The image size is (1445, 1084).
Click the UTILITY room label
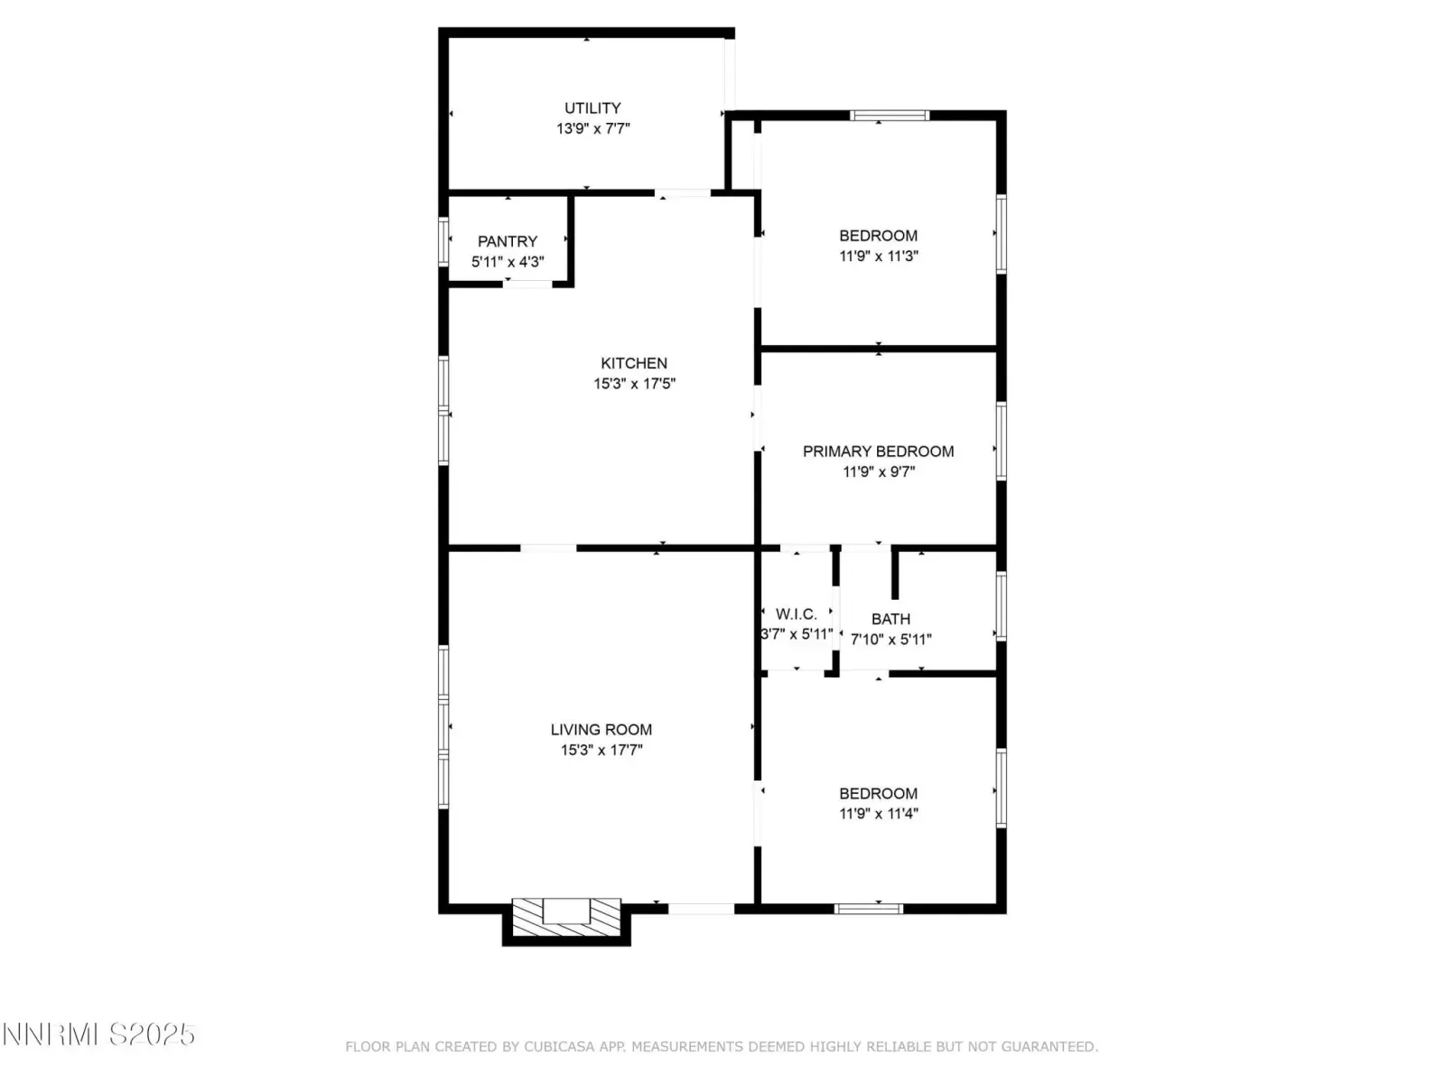pos(592,107)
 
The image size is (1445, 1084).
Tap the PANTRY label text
pos(508,241)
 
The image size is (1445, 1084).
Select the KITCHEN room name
pos(633,363)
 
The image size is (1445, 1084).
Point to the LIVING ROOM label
pos(601,729)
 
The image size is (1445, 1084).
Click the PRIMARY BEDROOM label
pos(878,452)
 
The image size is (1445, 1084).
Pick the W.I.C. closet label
pos(796,614)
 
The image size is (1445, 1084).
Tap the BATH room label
pos(890,619)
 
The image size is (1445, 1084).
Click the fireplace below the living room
pos(566,920)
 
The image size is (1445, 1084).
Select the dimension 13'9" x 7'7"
pos(593,128)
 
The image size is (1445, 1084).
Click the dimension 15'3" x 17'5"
pos(635,384)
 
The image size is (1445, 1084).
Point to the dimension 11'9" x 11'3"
pos(878,256)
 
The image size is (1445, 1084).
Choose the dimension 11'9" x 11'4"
pos(878,814)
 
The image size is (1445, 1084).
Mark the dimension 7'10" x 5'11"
pos(890,639)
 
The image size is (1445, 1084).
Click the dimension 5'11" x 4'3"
pos(508,262)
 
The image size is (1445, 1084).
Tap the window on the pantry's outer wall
pos(443,241)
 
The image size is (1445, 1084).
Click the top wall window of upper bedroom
pos(890,116)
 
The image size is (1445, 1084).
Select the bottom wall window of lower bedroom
pos(868,909)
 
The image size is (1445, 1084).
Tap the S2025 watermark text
pos(152,1035)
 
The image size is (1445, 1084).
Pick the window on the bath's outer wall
pos(1002,606)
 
